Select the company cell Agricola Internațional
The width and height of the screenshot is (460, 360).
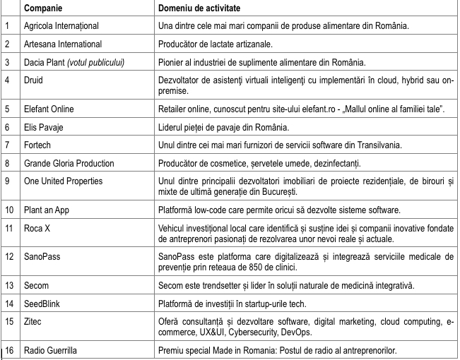[x=64, y=28]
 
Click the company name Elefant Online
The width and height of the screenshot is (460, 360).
[x=54, y=110]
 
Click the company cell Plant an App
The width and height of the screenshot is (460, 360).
[x=49, y=211]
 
